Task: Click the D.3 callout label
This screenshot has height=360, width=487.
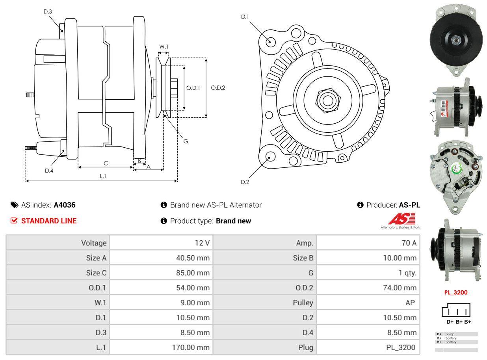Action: (x=48, y=11)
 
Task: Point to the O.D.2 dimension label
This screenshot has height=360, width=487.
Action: (x=218, y=88)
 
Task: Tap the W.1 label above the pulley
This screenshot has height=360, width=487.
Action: (x=164, y=46)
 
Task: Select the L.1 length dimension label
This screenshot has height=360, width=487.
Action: (x=103, y=176)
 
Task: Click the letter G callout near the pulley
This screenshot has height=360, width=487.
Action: (x=186, y=141)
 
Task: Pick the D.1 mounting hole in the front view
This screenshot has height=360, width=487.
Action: (x=270, y=41)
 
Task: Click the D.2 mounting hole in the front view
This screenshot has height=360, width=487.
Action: (x=270, y=156)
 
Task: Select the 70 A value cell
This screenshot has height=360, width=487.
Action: (x=409, y=243)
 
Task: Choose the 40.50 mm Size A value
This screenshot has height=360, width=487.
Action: (x=193, y=258)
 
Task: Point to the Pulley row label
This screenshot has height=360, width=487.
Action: (x=303, y=302)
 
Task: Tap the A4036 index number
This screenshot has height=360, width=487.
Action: (x=65, y=205)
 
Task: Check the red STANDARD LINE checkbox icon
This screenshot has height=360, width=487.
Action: (x=14, y=221)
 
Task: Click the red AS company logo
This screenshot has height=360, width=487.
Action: (x=401, y=219)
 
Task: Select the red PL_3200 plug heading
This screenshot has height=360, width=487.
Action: (x=456, y=293)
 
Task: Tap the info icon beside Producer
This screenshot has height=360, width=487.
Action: (x=360, y=205)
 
